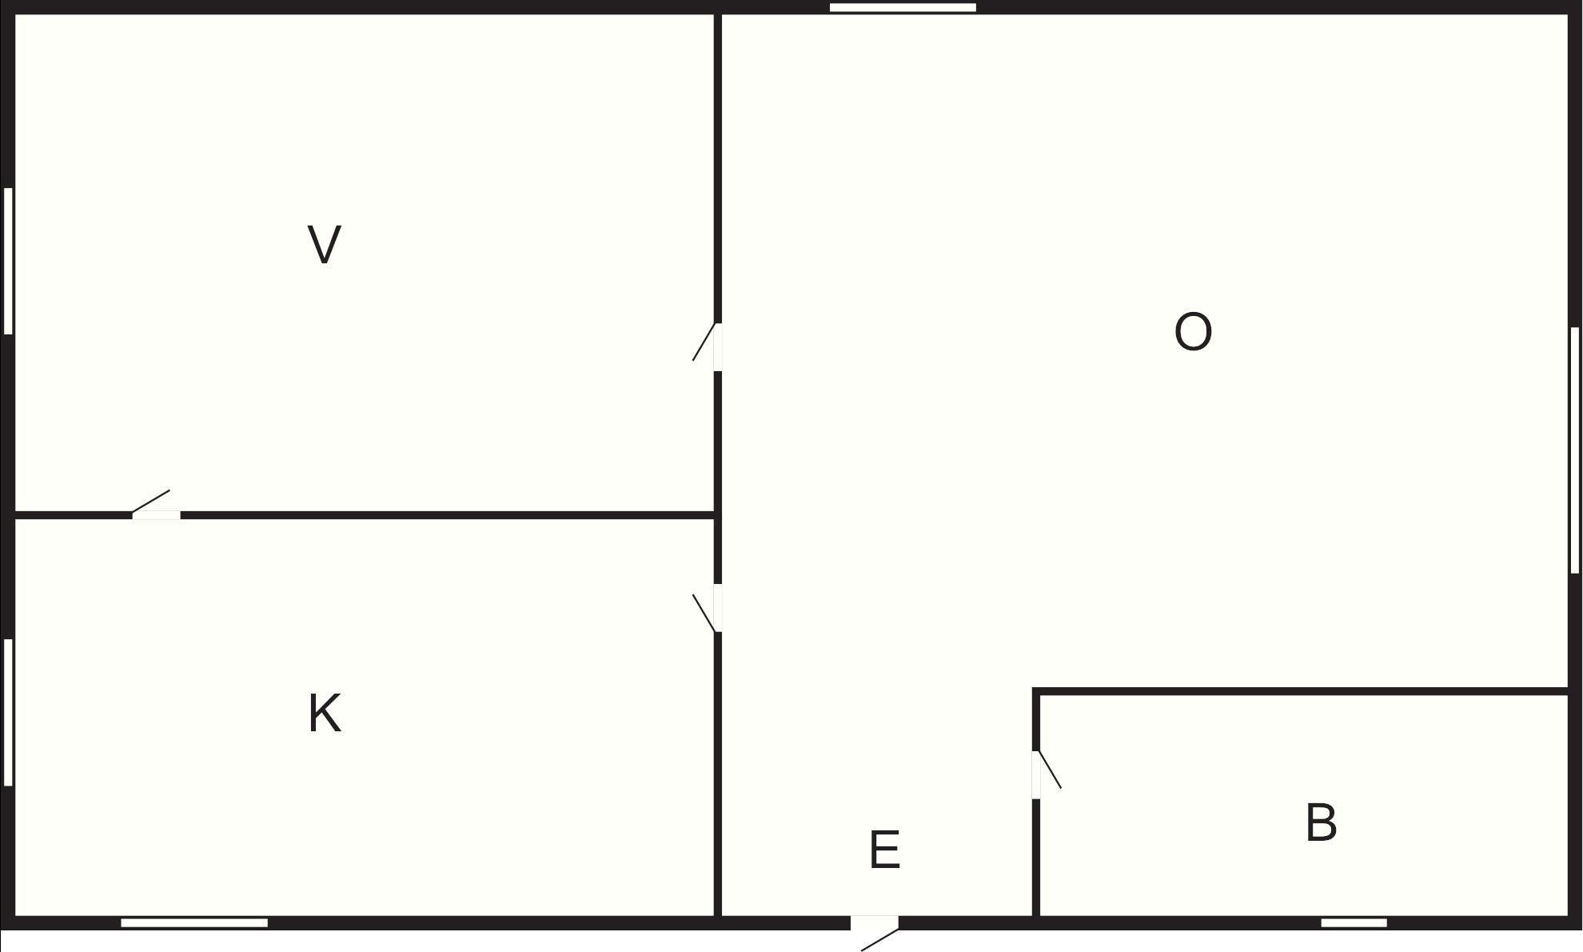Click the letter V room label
pyautogui.click(x=325, y=244)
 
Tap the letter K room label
pyautogui.click(x=325, y=714)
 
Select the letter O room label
pyautogui.click(x=1193, y=332)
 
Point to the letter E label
pyautogui.click(x=884, y=850)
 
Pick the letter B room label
pyautogui.click(x=1321, y=822)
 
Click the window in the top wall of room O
pyautogui.click(x=903, y=8)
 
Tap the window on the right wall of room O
pyautogui.click(x=1575, y=450)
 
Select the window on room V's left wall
pyautogui.click(x=8, y=261)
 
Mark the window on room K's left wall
pyautogui.click(x=8, y=712)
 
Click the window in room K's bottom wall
pyautogui.click(x=194, y=923)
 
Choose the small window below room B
pyautogui.click(x=1354, y=923)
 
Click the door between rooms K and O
pyautogui.click(x=707, y=608)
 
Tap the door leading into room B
pyautogui.click(x=1047, y=774)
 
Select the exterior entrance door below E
pyautogui.click(x=875, y=933)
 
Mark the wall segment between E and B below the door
pyautogui.click(x=1036, y=858)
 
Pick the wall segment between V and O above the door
pyautogui.click(x=718, y=168)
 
